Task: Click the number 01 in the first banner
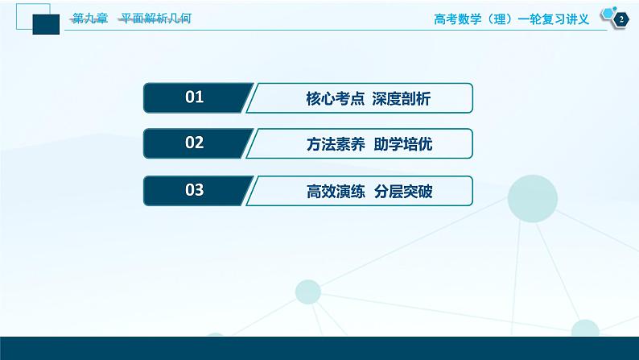click(195, 98)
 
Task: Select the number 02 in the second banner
click(195, 144)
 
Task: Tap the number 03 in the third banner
click(195, 191)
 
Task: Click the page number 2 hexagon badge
click(620, 19)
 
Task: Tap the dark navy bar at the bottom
click(319, 348)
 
